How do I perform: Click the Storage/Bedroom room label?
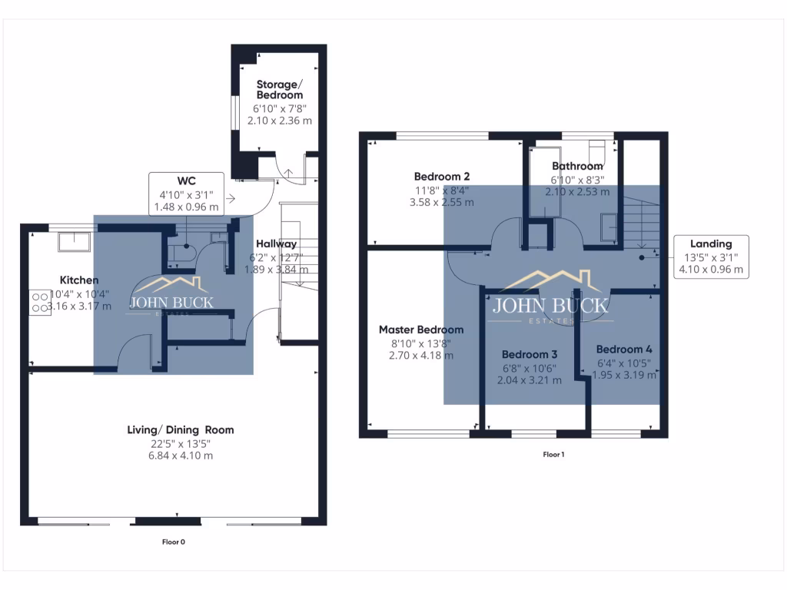point(280,89)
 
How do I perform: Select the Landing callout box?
point(711,257)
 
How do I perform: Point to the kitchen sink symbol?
point(75,241)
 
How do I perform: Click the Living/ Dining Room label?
point(181,429)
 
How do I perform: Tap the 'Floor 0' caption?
point(173,542)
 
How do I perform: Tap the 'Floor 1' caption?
point(553,455)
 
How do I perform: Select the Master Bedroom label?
point(421,330)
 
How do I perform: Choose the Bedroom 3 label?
point(530,354)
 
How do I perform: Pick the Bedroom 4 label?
point(624,348)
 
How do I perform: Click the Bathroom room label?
point(577,166)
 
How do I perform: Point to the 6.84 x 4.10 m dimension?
point(181,455)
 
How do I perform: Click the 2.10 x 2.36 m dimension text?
point(280,121)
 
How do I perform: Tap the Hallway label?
point(277,244)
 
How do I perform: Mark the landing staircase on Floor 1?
point(640,223)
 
